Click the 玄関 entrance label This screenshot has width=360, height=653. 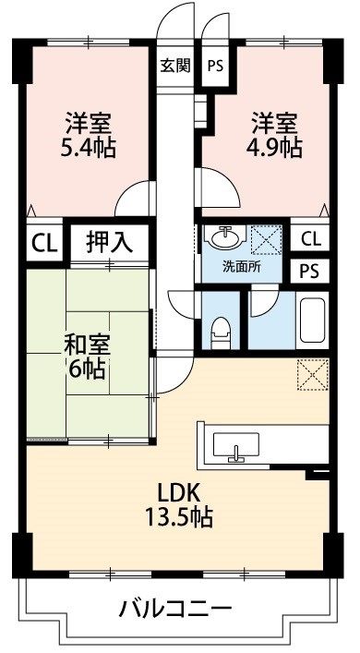tap(174, 66)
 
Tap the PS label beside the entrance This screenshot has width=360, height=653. tap(215, 66)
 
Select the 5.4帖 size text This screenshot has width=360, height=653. tap(90, 147)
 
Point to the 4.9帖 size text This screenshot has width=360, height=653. tap(277, 147)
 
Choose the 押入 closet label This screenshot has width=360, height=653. tap(109, 243)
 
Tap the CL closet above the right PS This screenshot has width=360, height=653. tap(310, 238)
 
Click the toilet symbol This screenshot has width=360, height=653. tap(220, 330)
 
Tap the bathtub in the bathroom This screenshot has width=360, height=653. tap(314, 321)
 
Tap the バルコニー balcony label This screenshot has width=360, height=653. tap(174, 609)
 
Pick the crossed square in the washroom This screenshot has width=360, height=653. tap(268, 239)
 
